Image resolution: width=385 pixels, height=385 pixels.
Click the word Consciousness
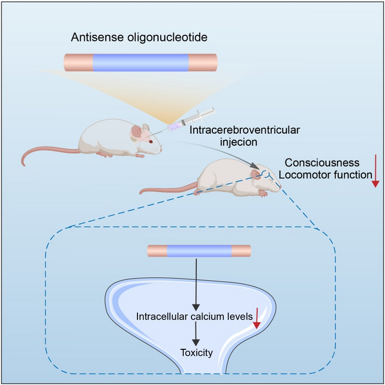322,163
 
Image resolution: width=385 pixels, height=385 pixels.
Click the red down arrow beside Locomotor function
375,171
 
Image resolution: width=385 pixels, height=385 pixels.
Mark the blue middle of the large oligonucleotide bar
141,63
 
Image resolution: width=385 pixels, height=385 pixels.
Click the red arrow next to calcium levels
256,318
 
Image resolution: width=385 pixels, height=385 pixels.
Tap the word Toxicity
196,353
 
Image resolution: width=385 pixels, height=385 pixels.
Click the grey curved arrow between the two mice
220,150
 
